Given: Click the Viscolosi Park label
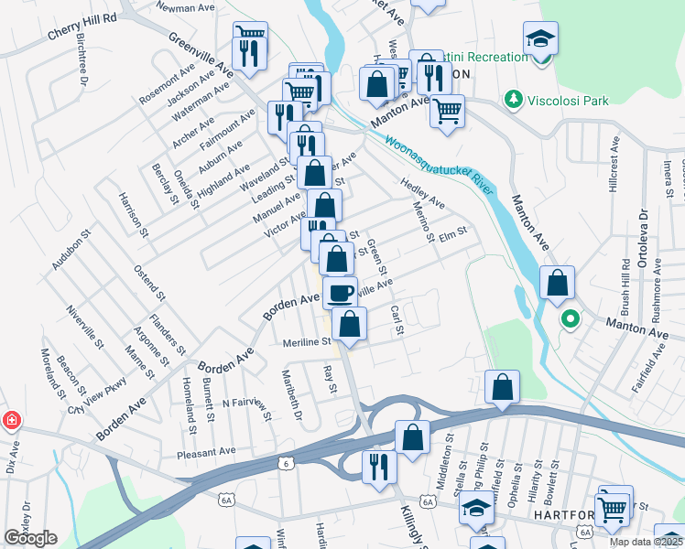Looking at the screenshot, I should pos(565,98).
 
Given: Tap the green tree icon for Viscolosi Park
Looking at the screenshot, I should pos(513,98).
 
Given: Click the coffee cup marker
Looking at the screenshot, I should pos(340,292).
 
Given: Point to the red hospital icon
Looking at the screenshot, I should pos(11,421).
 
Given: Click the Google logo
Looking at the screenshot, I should pos(30,538).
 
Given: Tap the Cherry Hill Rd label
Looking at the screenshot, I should pos(82,28).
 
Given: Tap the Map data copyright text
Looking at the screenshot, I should pos(646,542).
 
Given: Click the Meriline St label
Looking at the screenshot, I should pos(307,341).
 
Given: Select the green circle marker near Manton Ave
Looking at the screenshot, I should pos(570,319).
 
